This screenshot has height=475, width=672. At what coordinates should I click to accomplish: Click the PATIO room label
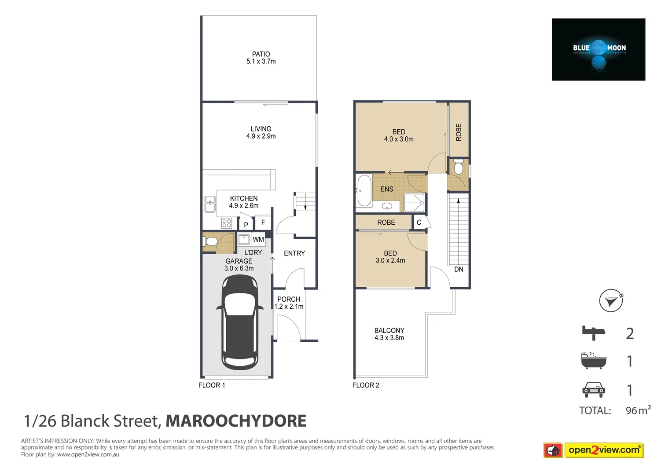tap(261, 58)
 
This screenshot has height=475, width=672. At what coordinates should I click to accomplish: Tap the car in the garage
tap(240, 322)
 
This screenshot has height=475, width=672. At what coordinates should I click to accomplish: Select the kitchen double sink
tap(210, 205)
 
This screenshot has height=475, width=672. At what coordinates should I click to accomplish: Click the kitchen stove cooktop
tap(227, 223)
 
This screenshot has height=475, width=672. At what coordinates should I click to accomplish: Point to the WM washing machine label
tap(258, 240)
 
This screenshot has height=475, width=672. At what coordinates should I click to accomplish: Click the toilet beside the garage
tap(210, 242)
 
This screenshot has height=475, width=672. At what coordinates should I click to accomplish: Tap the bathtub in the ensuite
tap(364, 190)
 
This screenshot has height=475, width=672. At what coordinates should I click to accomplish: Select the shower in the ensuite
tap(414, 203)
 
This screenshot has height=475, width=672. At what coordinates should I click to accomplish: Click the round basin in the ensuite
tap(387, 206)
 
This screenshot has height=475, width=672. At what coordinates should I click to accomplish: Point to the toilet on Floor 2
tap(458, 168)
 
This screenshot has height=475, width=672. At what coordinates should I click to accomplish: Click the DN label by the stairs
tap(459, 269)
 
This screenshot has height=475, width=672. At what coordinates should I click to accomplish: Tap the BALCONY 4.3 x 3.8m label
tap(389, 334)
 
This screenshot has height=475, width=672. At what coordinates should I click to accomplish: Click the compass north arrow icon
tap(611, 301)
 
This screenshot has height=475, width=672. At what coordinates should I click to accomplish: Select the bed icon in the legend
tap(593, 332)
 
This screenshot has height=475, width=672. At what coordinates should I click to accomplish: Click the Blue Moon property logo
tap(599, 50)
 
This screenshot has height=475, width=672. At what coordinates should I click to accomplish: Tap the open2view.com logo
tap(603, 450)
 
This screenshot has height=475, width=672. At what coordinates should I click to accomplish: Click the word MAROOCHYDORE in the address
tap(236, 421)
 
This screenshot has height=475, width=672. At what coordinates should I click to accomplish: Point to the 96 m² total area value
tap(638, 410)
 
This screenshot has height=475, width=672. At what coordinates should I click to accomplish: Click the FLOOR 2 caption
tap(366, 385)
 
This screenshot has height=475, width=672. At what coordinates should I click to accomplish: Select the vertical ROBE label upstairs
tap(459, 132)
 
